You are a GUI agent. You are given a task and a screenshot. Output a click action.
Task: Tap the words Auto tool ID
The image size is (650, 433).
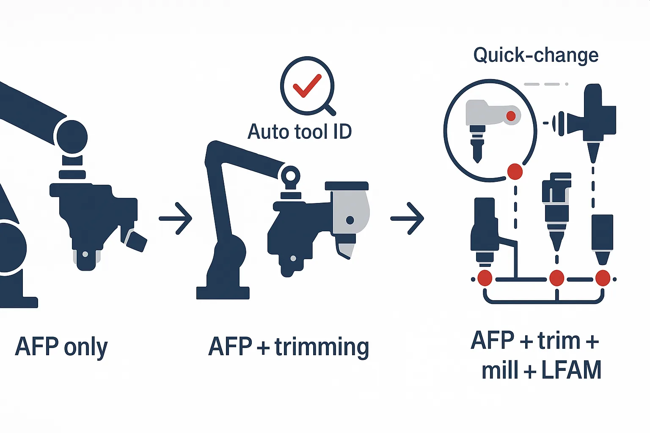pos(300,132)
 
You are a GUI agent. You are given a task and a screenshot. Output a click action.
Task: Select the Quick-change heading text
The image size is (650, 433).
pos(536,55)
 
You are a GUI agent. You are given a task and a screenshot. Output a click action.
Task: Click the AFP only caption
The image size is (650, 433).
pos(61,347)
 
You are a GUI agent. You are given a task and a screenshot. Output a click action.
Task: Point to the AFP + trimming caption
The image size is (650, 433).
pos(289,347)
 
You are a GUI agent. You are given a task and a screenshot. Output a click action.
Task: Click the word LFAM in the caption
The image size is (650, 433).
pos(571,370)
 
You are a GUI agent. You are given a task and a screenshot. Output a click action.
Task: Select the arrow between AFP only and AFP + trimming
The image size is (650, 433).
pos(176,218)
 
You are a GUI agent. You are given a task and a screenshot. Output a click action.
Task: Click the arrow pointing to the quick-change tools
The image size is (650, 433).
pos(407,218)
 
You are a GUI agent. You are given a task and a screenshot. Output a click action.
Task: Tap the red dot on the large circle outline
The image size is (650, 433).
pos(515,172)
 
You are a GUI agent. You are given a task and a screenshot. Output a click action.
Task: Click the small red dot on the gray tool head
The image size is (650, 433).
pos(511,116)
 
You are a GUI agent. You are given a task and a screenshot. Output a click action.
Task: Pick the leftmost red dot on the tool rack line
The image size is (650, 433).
pos(485,278)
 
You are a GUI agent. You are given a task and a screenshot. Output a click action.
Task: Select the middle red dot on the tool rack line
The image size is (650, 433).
pos(556,278)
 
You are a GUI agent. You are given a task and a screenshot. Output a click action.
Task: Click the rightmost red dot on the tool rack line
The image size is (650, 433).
pos(603,278)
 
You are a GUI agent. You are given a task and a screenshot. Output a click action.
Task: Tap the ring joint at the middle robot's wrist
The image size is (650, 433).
pos(290,175)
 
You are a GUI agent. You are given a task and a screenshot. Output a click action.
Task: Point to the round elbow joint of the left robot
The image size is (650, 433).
pos(72,137)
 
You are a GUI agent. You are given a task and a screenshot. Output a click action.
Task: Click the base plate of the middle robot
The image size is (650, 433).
pos(223,293)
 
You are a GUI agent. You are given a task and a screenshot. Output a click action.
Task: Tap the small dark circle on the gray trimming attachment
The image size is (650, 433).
pos(350,220)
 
